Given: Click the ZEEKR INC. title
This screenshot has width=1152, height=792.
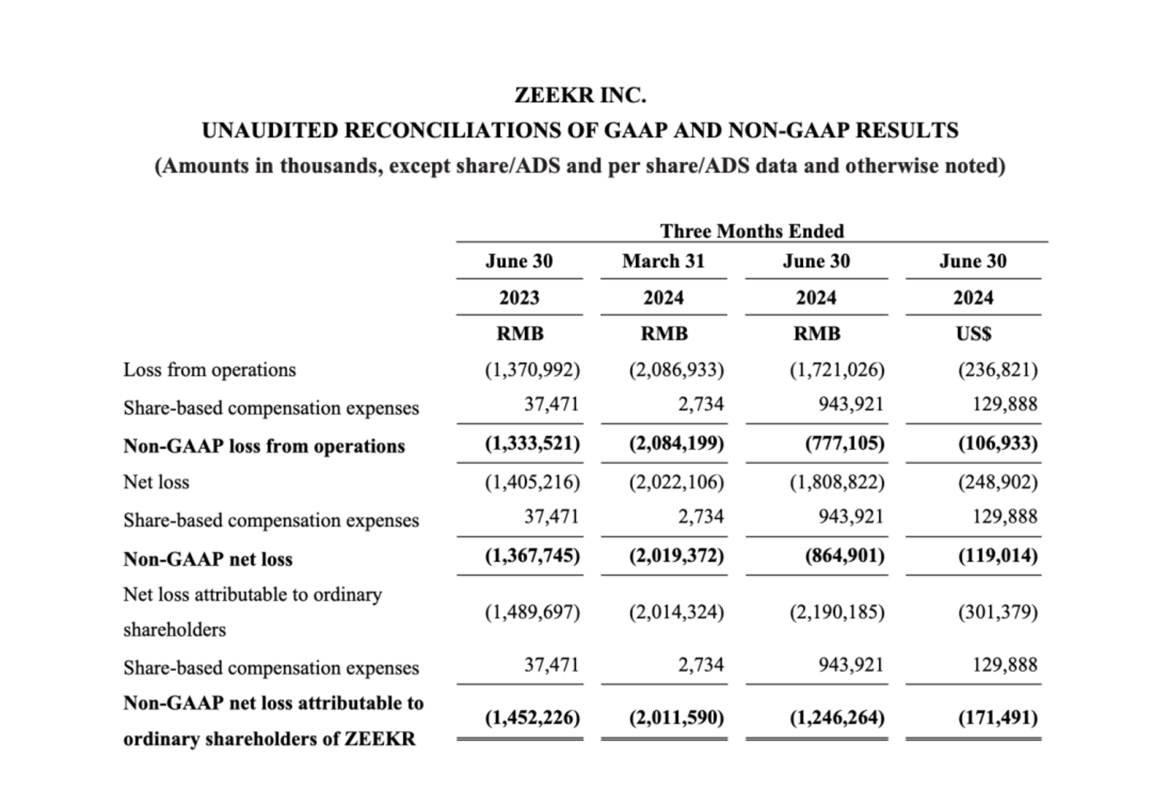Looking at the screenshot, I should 580,95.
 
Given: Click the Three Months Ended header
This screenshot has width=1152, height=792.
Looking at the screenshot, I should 751,231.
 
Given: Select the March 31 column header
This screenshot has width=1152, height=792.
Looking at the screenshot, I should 663,262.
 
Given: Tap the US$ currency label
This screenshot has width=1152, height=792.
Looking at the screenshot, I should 973,334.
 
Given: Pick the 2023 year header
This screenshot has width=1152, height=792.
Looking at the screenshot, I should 519,298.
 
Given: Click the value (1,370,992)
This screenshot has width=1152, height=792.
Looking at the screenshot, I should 532,370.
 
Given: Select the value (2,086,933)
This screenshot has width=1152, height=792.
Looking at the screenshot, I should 676,370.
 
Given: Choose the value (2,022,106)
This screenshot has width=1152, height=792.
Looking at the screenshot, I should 676,482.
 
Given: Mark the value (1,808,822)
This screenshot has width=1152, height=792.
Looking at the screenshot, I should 837,482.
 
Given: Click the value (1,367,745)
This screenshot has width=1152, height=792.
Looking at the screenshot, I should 532,556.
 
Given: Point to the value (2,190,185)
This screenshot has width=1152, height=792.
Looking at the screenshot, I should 837,613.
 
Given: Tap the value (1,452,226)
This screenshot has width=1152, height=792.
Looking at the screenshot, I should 532,718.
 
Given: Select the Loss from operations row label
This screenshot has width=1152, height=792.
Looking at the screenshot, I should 209,370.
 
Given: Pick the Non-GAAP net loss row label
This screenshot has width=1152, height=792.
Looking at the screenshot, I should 207,559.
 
